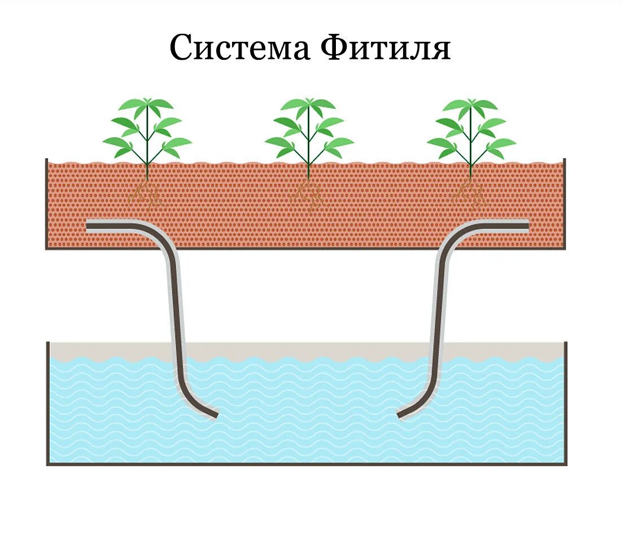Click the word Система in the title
click(239, 47)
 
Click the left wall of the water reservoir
click(47, 404)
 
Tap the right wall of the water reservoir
click(566, 404)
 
